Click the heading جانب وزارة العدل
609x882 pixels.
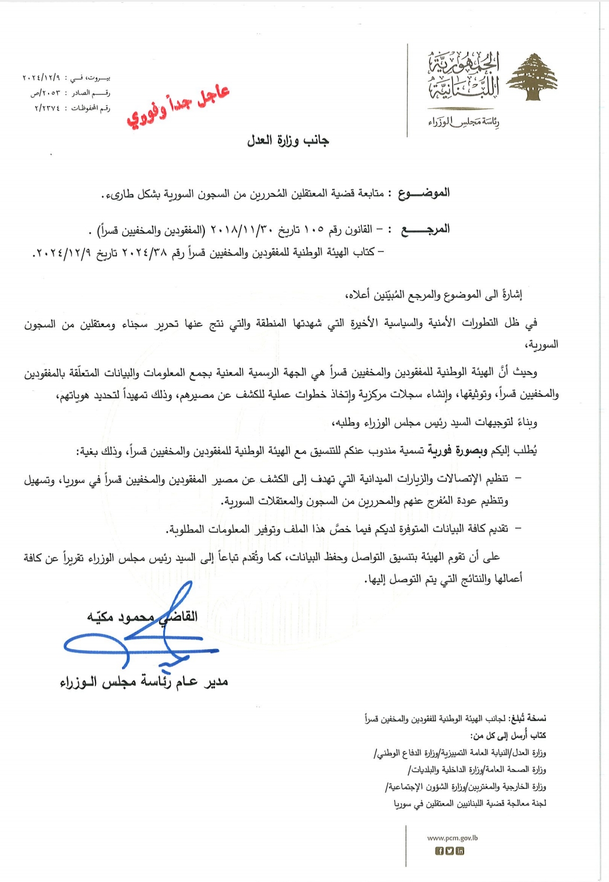(x=288, y=140)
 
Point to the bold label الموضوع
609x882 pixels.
(x=424, y=193)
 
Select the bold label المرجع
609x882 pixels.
(x=425, y=229)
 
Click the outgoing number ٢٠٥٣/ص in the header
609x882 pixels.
(x=45, y=93)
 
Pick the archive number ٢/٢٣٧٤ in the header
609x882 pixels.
(x=47, y=108)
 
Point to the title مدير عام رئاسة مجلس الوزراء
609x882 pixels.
(x=144, y=682)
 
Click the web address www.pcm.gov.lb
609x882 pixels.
(x=452, y=837)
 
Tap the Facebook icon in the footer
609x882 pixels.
(x=439, y=851)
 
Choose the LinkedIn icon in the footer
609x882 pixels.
(x=460, y=851)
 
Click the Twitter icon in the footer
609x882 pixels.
(x=450, y=851)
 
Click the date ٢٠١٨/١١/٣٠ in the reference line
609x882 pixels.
(x=237, y=230)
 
